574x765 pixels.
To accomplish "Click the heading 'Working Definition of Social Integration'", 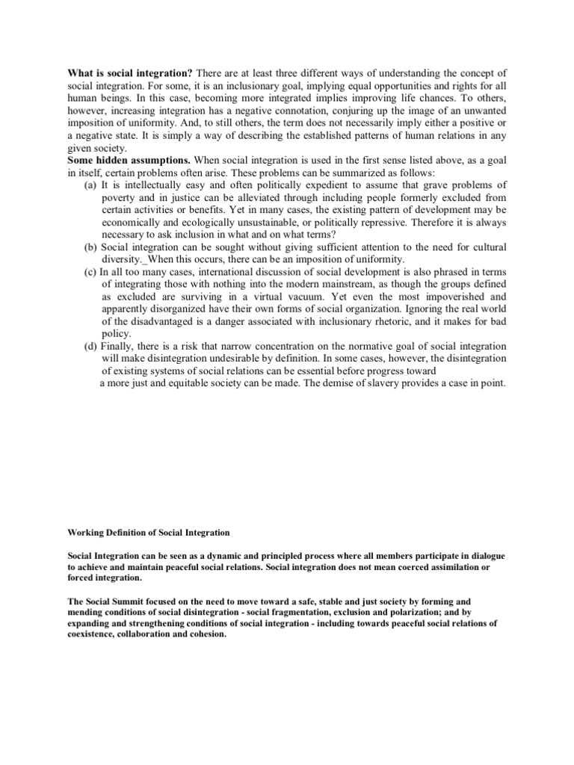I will click(149, 532).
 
